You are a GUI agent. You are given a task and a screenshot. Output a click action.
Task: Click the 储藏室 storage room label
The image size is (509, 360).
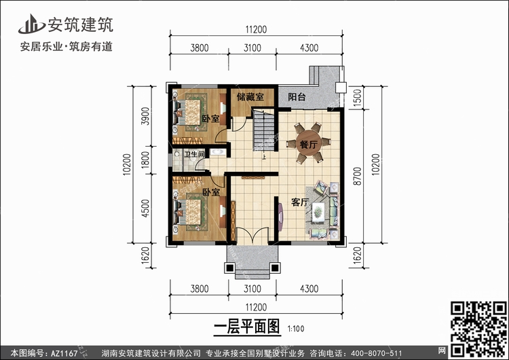(x=250, y=97)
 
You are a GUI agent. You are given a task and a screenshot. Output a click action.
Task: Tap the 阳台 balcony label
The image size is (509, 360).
(x=297, y=97)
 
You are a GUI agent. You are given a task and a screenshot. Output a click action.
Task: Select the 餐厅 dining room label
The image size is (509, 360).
(x=308, y=143)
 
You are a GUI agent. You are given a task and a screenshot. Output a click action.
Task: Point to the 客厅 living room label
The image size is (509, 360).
(x=299, y=202)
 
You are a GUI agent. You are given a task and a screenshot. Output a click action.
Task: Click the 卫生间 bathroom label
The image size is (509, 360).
(x=194, y=154)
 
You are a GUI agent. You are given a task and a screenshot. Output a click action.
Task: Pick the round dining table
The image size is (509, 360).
(x=307, y=143)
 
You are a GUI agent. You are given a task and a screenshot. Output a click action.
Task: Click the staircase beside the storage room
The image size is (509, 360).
(x=263, y=130)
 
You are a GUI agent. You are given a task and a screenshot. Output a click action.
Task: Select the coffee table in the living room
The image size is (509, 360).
(x=318, y=213)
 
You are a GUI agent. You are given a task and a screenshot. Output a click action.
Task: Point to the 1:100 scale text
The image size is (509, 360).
(x=296, y=329)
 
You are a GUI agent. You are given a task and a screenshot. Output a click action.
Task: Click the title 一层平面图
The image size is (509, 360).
(x=247, y=326)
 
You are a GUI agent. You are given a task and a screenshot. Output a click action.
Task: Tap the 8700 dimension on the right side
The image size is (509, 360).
(x=357, y=176)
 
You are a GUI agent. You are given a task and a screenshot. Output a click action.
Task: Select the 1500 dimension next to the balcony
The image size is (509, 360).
(x=357, y=98)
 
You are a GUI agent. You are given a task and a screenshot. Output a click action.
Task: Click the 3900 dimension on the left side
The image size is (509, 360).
(x=146, y=116)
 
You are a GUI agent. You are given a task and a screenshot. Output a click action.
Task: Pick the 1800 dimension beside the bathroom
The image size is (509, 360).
(x=146, y=160)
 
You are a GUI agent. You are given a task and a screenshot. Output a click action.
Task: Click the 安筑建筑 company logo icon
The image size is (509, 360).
(x=31, y=24)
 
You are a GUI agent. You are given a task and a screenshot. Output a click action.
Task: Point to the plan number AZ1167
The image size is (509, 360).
(x=64, y=353)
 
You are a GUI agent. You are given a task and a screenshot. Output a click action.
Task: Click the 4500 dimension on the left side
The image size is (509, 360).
(x=146, y=209)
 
